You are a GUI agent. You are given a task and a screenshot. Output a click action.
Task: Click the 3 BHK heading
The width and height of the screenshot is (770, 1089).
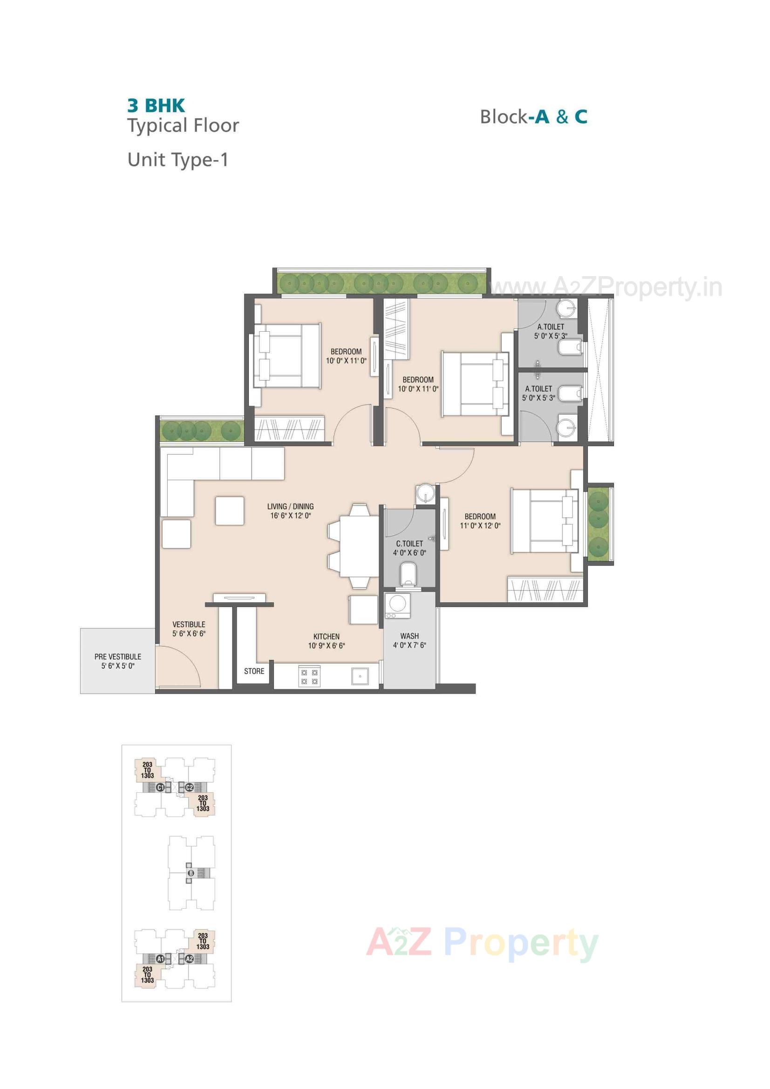[156, 105]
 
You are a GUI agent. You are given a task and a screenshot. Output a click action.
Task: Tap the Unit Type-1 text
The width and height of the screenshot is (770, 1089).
[178, 160]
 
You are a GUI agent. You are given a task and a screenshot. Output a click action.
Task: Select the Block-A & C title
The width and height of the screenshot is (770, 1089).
[534, 116]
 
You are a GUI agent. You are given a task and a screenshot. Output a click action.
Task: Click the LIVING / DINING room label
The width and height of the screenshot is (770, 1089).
[290, 507]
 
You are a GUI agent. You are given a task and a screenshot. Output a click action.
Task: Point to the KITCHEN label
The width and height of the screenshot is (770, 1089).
[327, 637]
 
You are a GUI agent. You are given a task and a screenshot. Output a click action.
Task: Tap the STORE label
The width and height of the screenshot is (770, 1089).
[254, 671]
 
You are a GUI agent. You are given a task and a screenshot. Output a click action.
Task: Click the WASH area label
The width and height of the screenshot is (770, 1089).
[409, 636]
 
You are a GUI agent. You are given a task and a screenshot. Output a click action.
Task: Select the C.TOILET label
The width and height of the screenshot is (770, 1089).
[409, 544]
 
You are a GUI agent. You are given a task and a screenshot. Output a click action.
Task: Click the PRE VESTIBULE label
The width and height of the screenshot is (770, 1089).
[118, 657]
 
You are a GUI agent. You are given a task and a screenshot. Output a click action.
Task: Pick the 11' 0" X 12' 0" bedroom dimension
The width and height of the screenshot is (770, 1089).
[480, 525]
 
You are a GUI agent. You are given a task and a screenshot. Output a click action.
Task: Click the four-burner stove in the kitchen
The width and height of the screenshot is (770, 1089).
[309, 677]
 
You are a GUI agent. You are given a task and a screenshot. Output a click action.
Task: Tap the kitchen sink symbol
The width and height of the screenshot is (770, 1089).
[360, 676]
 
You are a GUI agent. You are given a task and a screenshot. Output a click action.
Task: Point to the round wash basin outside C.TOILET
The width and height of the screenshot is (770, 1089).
[426, 494]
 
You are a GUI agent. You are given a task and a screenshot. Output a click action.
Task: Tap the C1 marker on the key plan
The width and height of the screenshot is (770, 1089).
[160, 788]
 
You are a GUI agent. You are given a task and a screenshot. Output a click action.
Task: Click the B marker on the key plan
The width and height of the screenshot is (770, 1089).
[191, 873]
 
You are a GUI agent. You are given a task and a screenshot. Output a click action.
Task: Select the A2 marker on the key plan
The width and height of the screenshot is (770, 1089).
[189, 959]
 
